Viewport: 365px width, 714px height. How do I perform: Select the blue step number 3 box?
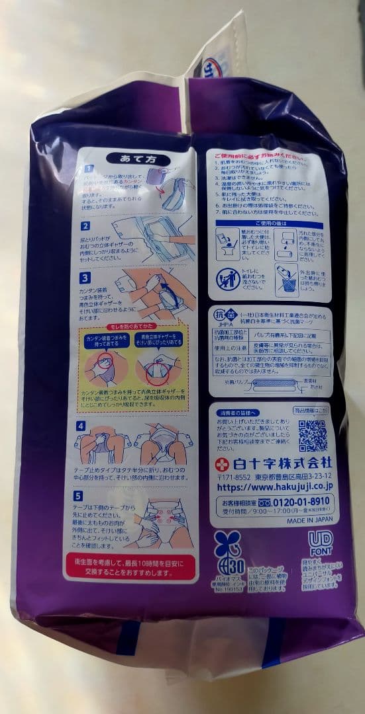tap(85, 278)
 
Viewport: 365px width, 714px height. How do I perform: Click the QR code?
tap(312, 435)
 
